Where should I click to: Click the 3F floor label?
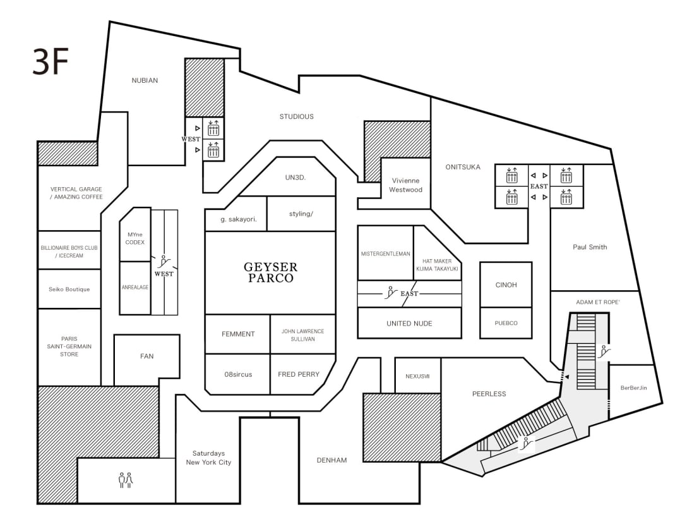pyautogui.click(x=51, y=61)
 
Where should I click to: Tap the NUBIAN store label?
pyautogui.click(x=145, y=80)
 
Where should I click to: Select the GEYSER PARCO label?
pyautogui.click(x=271, y=272)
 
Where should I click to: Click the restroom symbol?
pyautogui.click(x=126, y=480)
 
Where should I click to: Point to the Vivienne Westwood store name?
pyautogui.click(x=406, y=185)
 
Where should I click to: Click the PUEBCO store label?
pyautogui.click(x=506, y=323)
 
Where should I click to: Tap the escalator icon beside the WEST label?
pyautogui.click(x=164, y=262)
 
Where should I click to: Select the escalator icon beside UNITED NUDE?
pyautogui.click(x=390, y=293)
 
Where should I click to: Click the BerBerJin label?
pyautogui.click(x=633, y=388)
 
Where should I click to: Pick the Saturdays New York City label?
pyautogui.click(x=208, y=458)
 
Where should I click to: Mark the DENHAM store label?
pyautogui.click(x=332, y=460)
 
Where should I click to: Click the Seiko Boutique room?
pyautogui.click(x=69, y=289)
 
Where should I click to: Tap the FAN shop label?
pyautogui.click(x=146, y=356)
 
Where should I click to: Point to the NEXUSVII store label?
pyautogui.click(x=417, y=376)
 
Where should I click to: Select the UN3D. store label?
pyautogui.click(x=296, y=178)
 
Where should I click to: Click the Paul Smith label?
pyautogui.click(x=590, y=247)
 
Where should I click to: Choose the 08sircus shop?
pyautogui.click(x=238, y=374)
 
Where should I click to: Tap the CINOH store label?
pyautogui.click(x=506, y=285)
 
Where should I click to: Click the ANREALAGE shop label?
pyautogui.click(x=135, y=287)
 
